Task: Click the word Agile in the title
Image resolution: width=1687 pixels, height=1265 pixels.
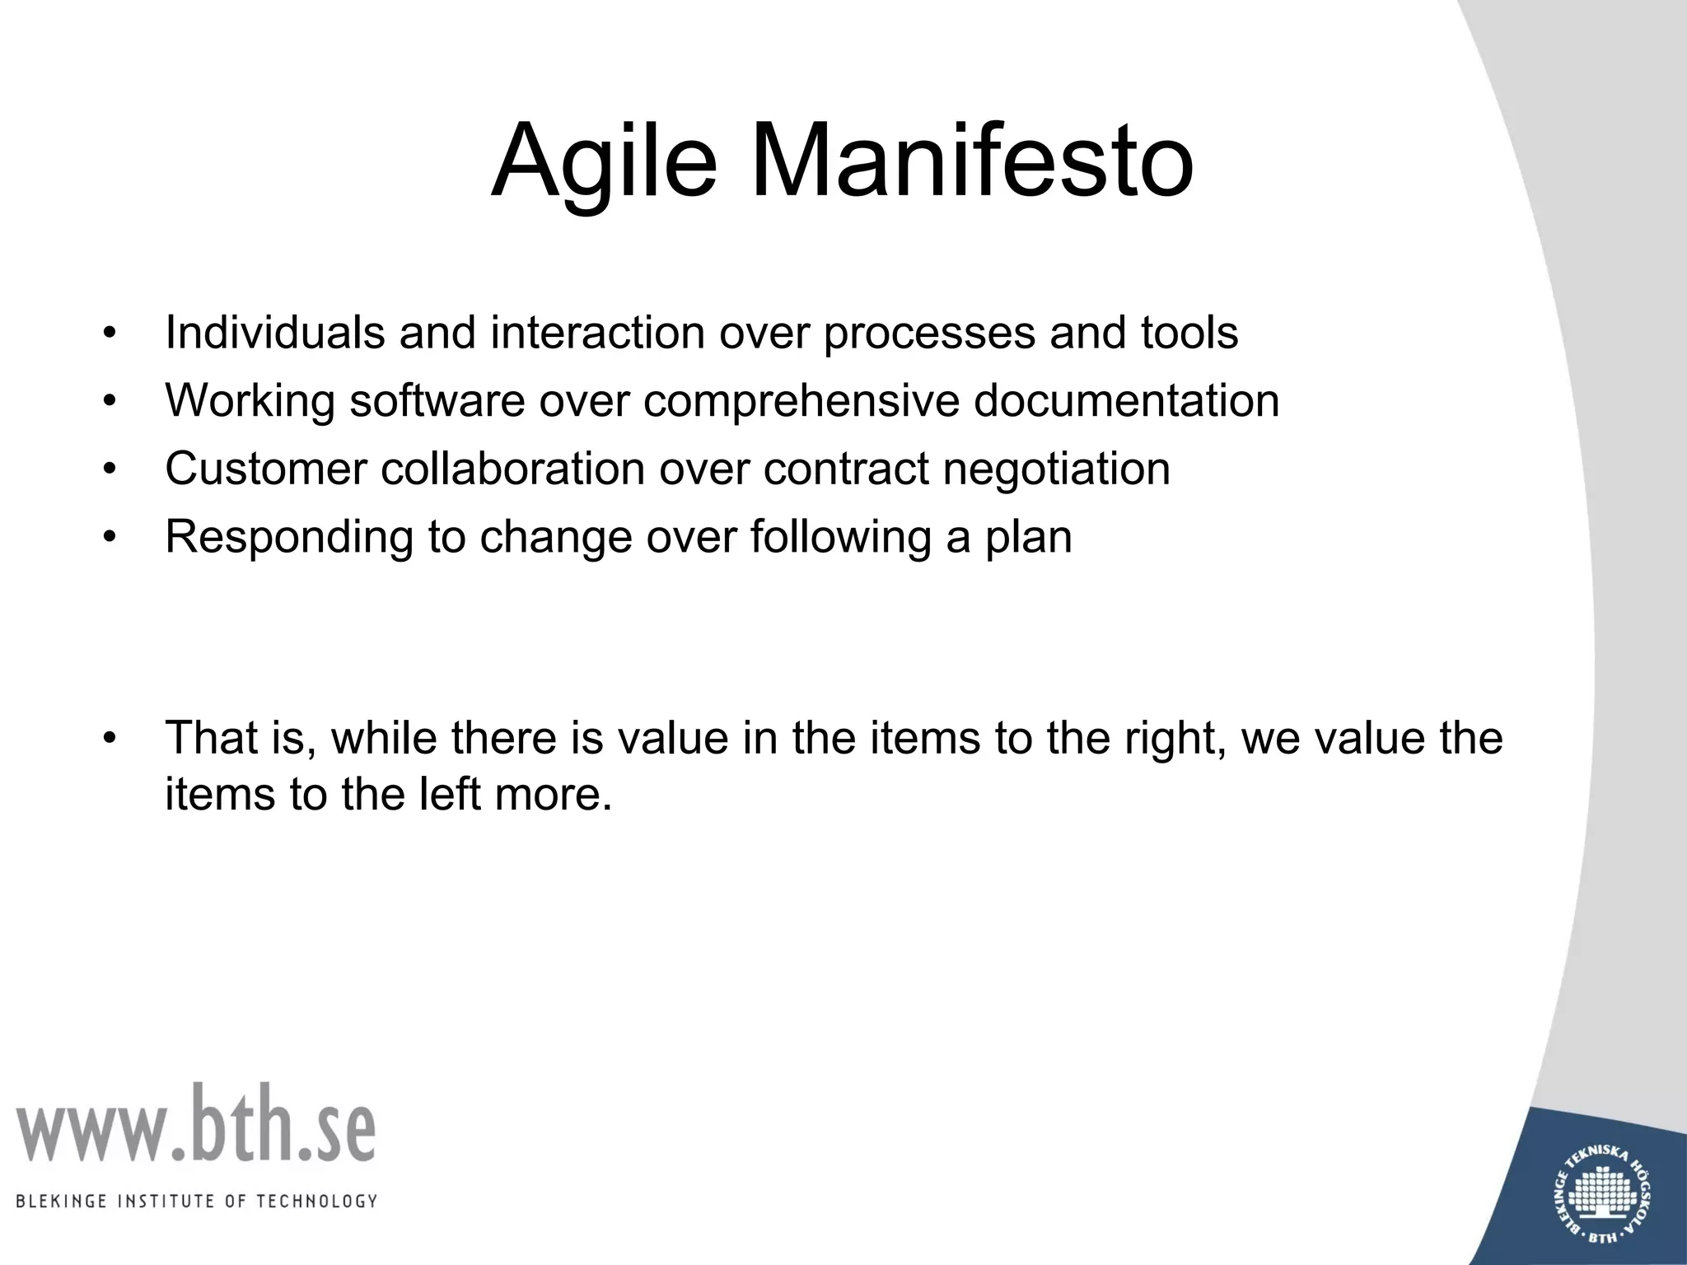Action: tap(603, 161)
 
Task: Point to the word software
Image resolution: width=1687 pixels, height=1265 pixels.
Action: tap(437, 401)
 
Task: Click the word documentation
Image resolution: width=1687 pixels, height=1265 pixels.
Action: tap(1126, 401)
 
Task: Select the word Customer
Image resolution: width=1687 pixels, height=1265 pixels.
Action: tap(265, 469)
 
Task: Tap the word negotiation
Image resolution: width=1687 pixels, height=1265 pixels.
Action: tap(1056, 469)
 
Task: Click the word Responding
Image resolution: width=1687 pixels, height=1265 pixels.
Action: tap(288, 537)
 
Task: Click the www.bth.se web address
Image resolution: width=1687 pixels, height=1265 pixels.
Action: tap(194, 1124)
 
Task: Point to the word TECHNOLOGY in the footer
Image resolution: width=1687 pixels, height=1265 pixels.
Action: tap(316, 1201)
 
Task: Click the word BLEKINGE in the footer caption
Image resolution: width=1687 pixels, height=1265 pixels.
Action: tap(62, 1201)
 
